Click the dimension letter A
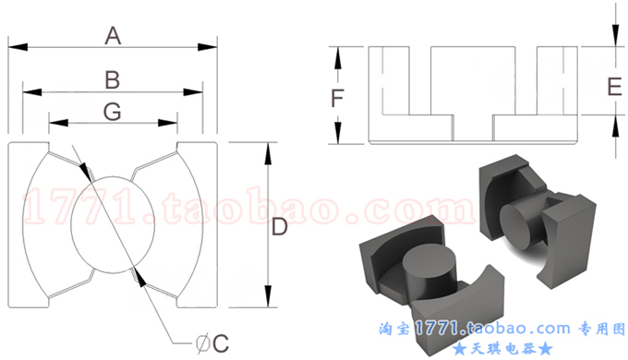coord(113,36)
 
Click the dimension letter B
coord(113,79)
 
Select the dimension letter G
coord(113,112)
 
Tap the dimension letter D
coord(280,227)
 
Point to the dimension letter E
coord(614,87)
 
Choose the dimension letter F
coord(337,98)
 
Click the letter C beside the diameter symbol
coord(221,343)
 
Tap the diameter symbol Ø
coord(203,344)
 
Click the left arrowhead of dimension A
coord(18,47)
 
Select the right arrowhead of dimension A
coord(208,47)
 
